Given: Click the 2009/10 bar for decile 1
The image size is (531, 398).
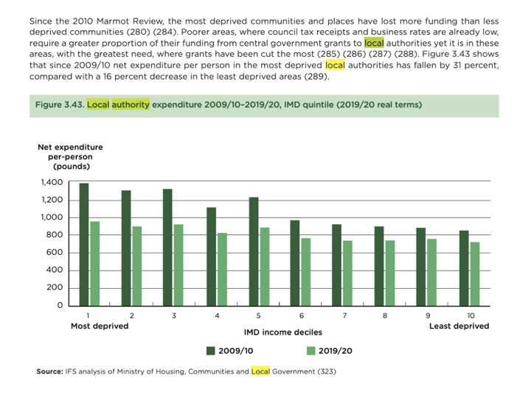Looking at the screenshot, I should tap(84, 244).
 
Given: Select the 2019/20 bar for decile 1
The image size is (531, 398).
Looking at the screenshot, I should tap(95, 263).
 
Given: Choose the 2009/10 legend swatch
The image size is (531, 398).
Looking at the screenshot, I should tap(211, 350).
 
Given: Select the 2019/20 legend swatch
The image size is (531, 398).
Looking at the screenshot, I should tap(310, 350).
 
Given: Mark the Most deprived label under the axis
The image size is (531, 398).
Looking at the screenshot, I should tap(100, 326).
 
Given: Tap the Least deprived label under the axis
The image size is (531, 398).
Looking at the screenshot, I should tap(459, 326).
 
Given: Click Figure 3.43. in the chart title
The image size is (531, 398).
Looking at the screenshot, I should tap(59, 105).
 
